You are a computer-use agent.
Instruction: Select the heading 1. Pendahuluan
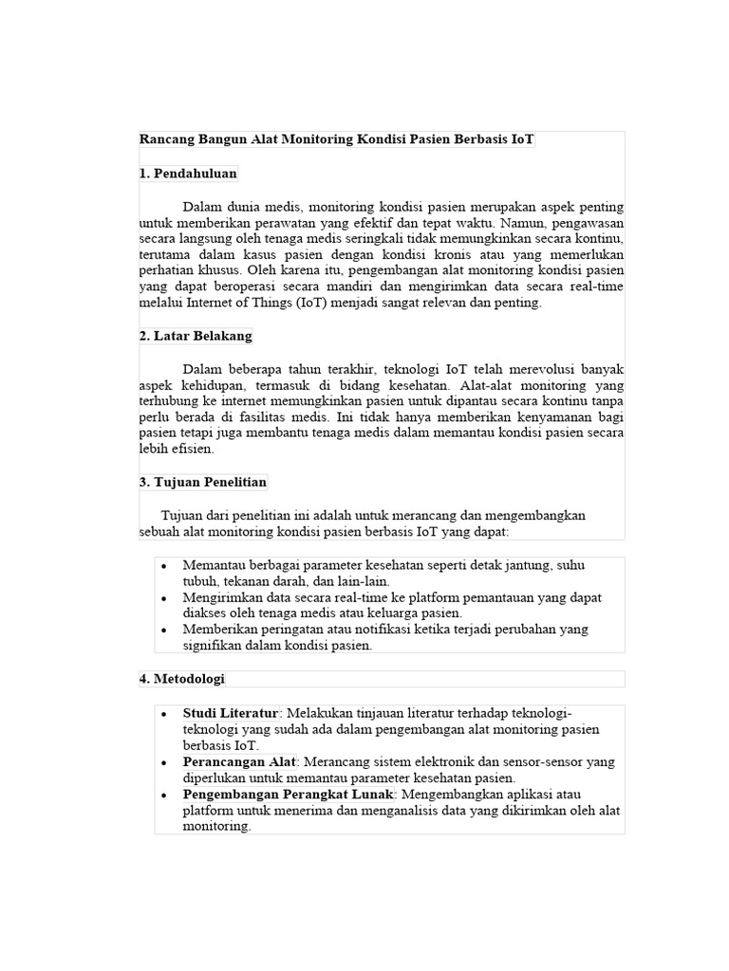point(188,174)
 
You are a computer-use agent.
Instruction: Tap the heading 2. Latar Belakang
point(196,336)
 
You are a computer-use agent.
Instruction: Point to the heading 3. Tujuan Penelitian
point(203,482)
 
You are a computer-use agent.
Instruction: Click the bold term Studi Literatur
point(231,713)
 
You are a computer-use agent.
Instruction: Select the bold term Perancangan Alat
point(240,761)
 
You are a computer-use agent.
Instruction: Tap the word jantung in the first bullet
point(525,565)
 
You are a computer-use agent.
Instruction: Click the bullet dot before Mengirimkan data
point(164,598)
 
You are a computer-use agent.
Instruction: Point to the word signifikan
point(213,645)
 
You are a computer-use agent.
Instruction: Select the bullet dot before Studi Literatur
point(164,713)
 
